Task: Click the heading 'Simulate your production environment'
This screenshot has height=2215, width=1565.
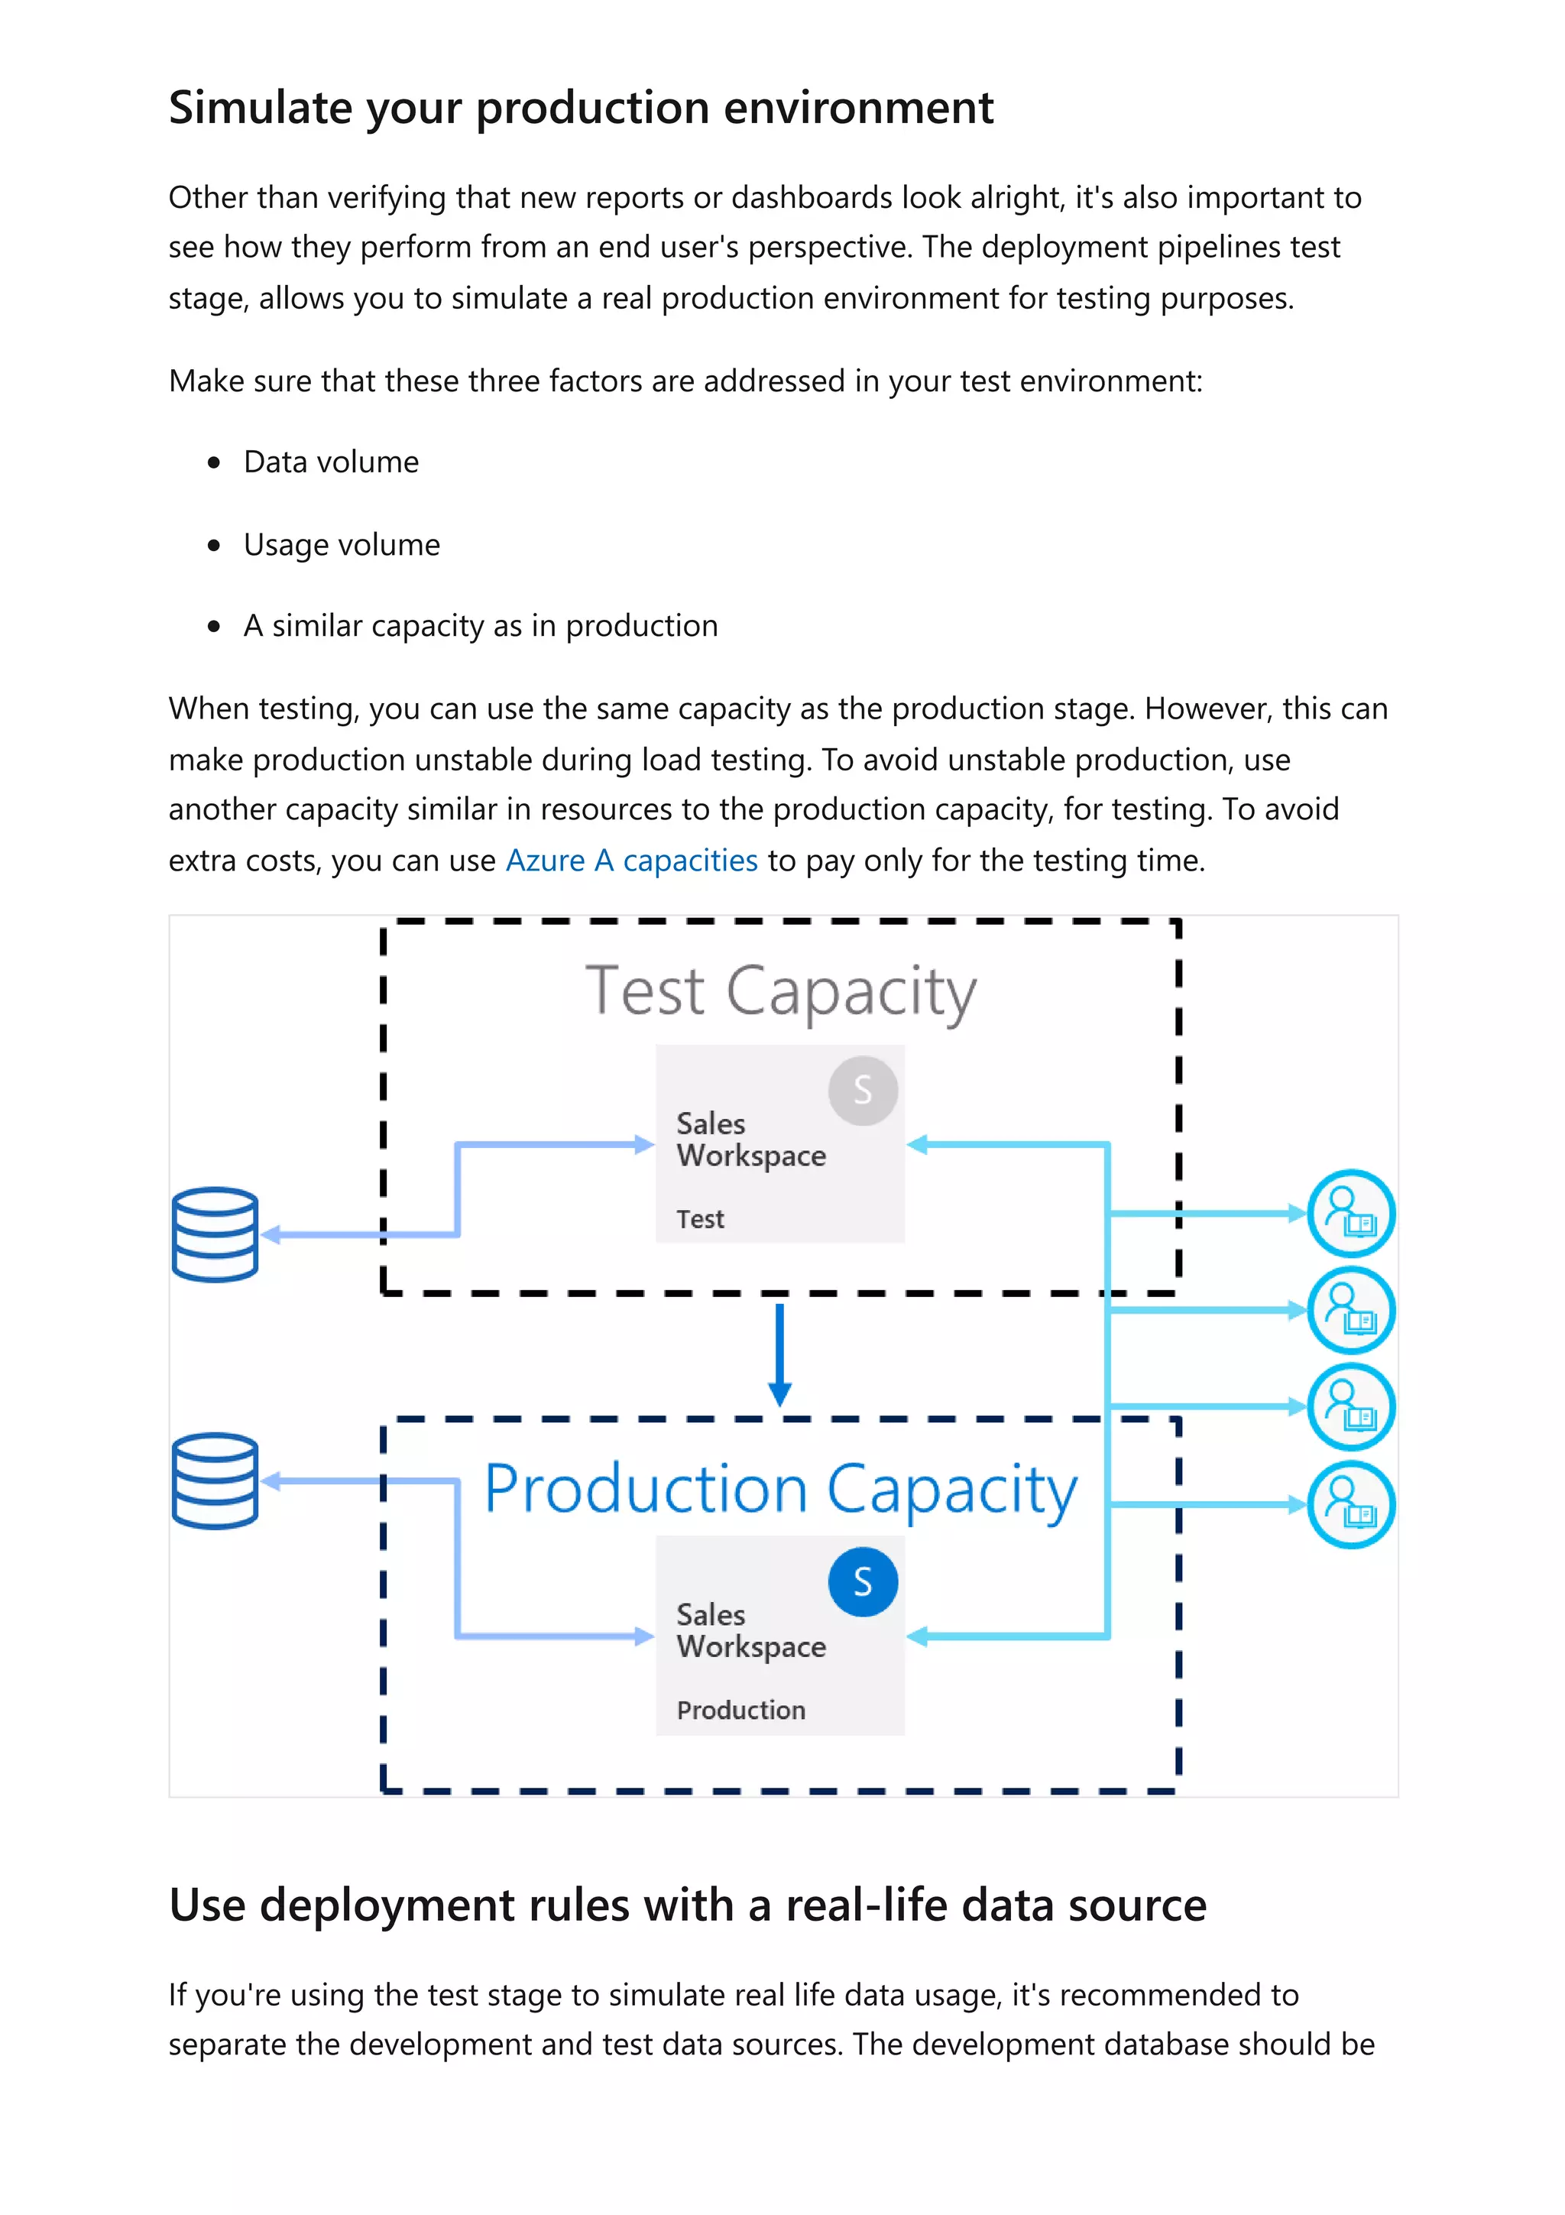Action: [x=581, y=107]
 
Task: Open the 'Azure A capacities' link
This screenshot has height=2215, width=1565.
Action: [x=632, y=860]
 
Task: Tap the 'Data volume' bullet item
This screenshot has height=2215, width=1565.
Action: [x=331, y=462]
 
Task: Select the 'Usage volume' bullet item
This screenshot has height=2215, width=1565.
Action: [x=342, y=544]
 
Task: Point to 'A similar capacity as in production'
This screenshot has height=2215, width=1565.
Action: [x=480, y=626]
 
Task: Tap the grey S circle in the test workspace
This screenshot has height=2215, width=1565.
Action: [x=862, y=1090]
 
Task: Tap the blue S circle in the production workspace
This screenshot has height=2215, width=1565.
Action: [x=862, y=1582]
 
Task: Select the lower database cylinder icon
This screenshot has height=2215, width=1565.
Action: [x=215, y=1480]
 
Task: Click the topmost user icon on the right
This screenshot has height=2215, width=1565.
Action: [x=1351, y=1213]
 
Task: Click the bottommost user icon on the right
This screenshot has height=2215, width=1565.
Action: [x=1351, y=1504]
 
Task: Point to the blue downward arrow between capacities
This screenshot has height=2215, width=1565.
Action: [x=779, y=1355]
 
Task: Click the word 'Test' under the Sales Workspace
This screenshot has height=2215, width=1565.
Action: [x=700, y=1219]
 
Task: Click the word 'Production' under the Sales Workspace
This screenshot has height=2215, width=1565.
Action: [x=740, y=1711]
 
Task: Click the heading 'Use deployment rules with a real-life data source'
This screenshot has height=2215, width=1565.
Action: [x=686, y=1905]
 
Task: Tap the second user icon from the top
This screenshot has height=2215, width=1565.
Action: [x=1351, y=1309]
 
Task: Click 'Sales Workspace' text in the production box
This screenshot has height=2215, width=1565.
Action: [x=750, y=1630]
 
